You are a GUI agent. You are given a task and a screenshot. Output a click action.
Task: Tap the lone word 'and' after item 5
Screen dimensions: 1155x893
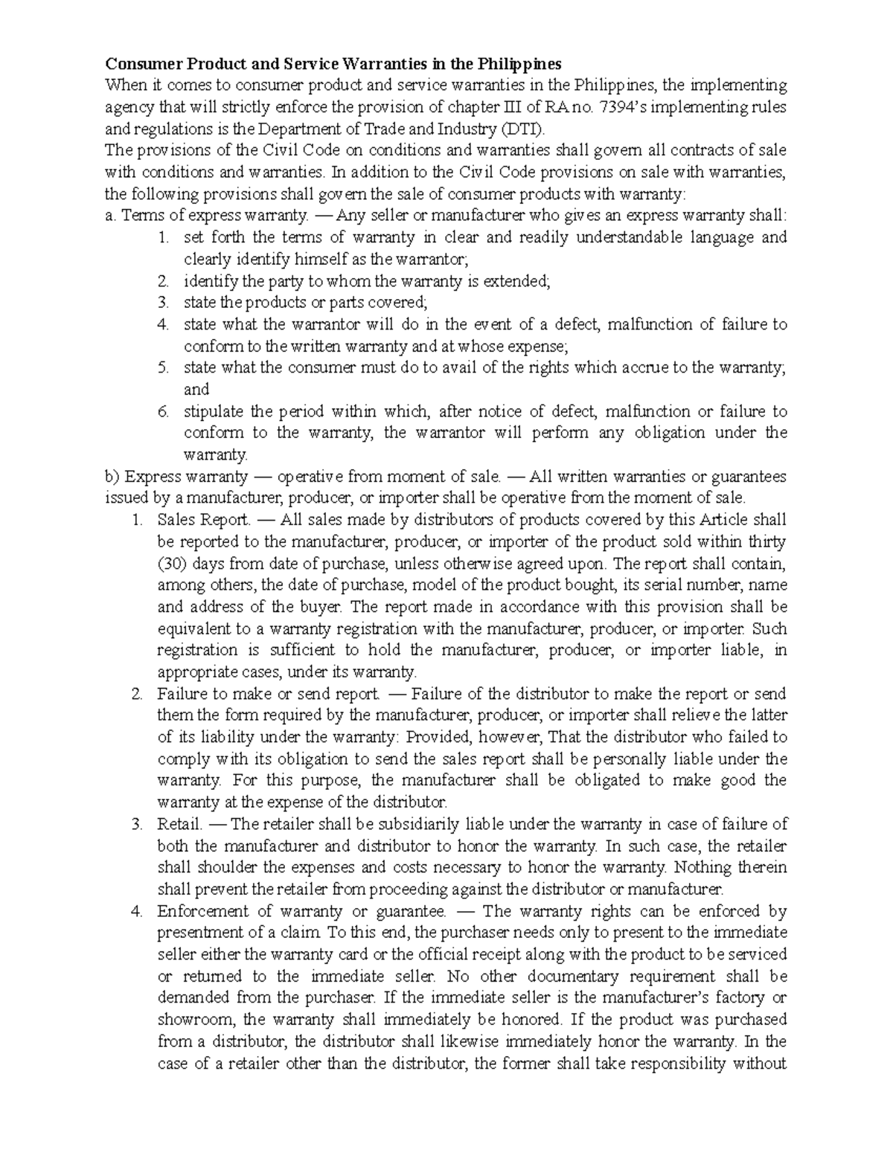(196, 389)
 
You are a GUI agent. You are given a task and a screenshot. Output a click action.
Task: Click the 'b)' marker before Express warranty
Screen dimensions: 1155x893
(113, 476)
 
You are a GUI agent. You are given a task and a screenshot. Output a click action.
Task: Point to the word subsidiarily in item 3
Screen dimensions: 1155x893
(420, 824)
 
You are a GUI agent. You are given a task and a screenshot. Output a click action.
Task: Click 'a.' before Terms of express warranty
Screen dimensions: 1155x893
(112, 216)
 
